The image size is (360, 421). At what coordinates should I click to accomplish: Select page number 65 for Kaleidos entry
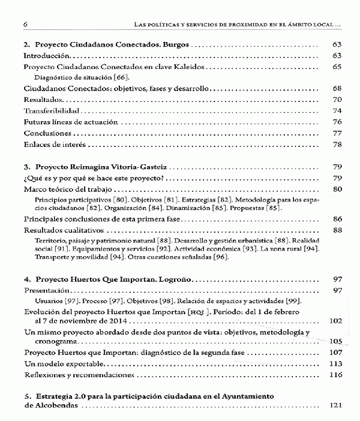(337, 66)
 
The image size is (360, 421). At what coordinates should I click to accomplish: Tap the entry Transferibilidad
(49, 110)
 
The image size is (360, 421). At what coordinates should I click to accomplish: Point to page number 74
(337, 110)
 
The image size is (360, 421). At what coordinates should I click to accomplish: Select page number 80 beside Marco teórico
(337, 190)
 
